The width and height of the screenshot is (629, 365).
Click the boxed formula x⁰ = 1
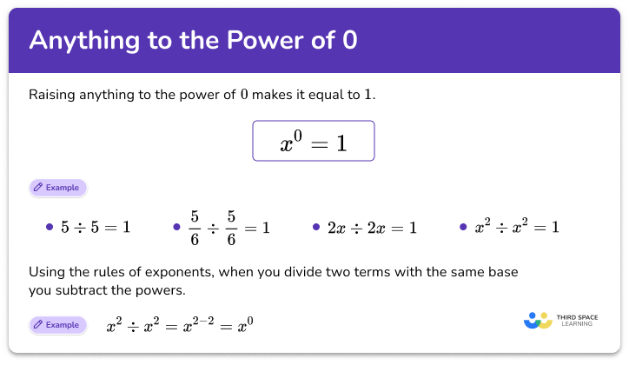pyautogui.click(x=313, y=141)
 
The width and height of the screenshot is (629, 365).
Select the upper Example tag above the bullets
pyautogui.click(x=58, y=187)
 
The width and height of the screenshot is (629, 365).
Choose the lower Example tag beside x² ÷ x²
pyautogui.click(x=58, y=325)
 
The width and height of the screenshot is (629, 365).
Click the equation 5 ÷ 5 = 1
pyautogui.click(x=95, y=228)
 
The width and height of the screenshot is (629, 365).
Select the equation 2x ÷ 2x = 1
pyautogui.click(x=373, y=228)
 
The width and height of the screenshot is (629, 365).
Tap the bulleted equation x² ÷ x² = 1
pyautogui.click(x=516, y=227)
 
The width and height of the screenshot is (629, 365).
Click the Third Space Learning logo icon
pyautogui.click(x=539, y=320)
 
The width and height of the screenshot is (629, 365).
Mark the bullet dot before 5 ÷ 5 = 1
pyautogui.click(x=50, y=228)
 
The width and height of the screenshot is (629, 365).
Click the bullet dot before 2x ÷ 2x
pyautogui.click(x=317, y=228)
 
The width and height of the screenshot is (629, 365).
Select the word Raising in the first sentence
pyautogui.click(x=54, y=94)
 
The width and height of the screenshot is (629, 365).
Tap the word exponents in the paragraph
pyautogui.click(x=185, y=272)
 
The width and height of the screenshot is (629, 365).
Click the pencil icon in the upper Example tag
pyautogui.click(x=38, y=187)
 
